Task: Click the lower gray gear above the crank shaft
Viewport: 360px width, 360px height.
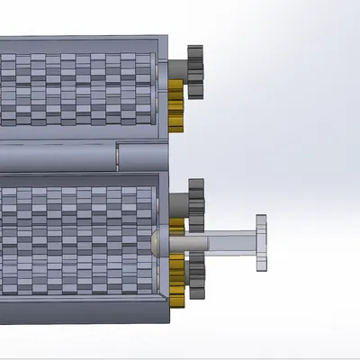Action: coord(195,202)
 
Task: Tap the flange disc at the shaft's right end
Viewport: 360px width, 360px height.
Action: coord(261,242)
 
